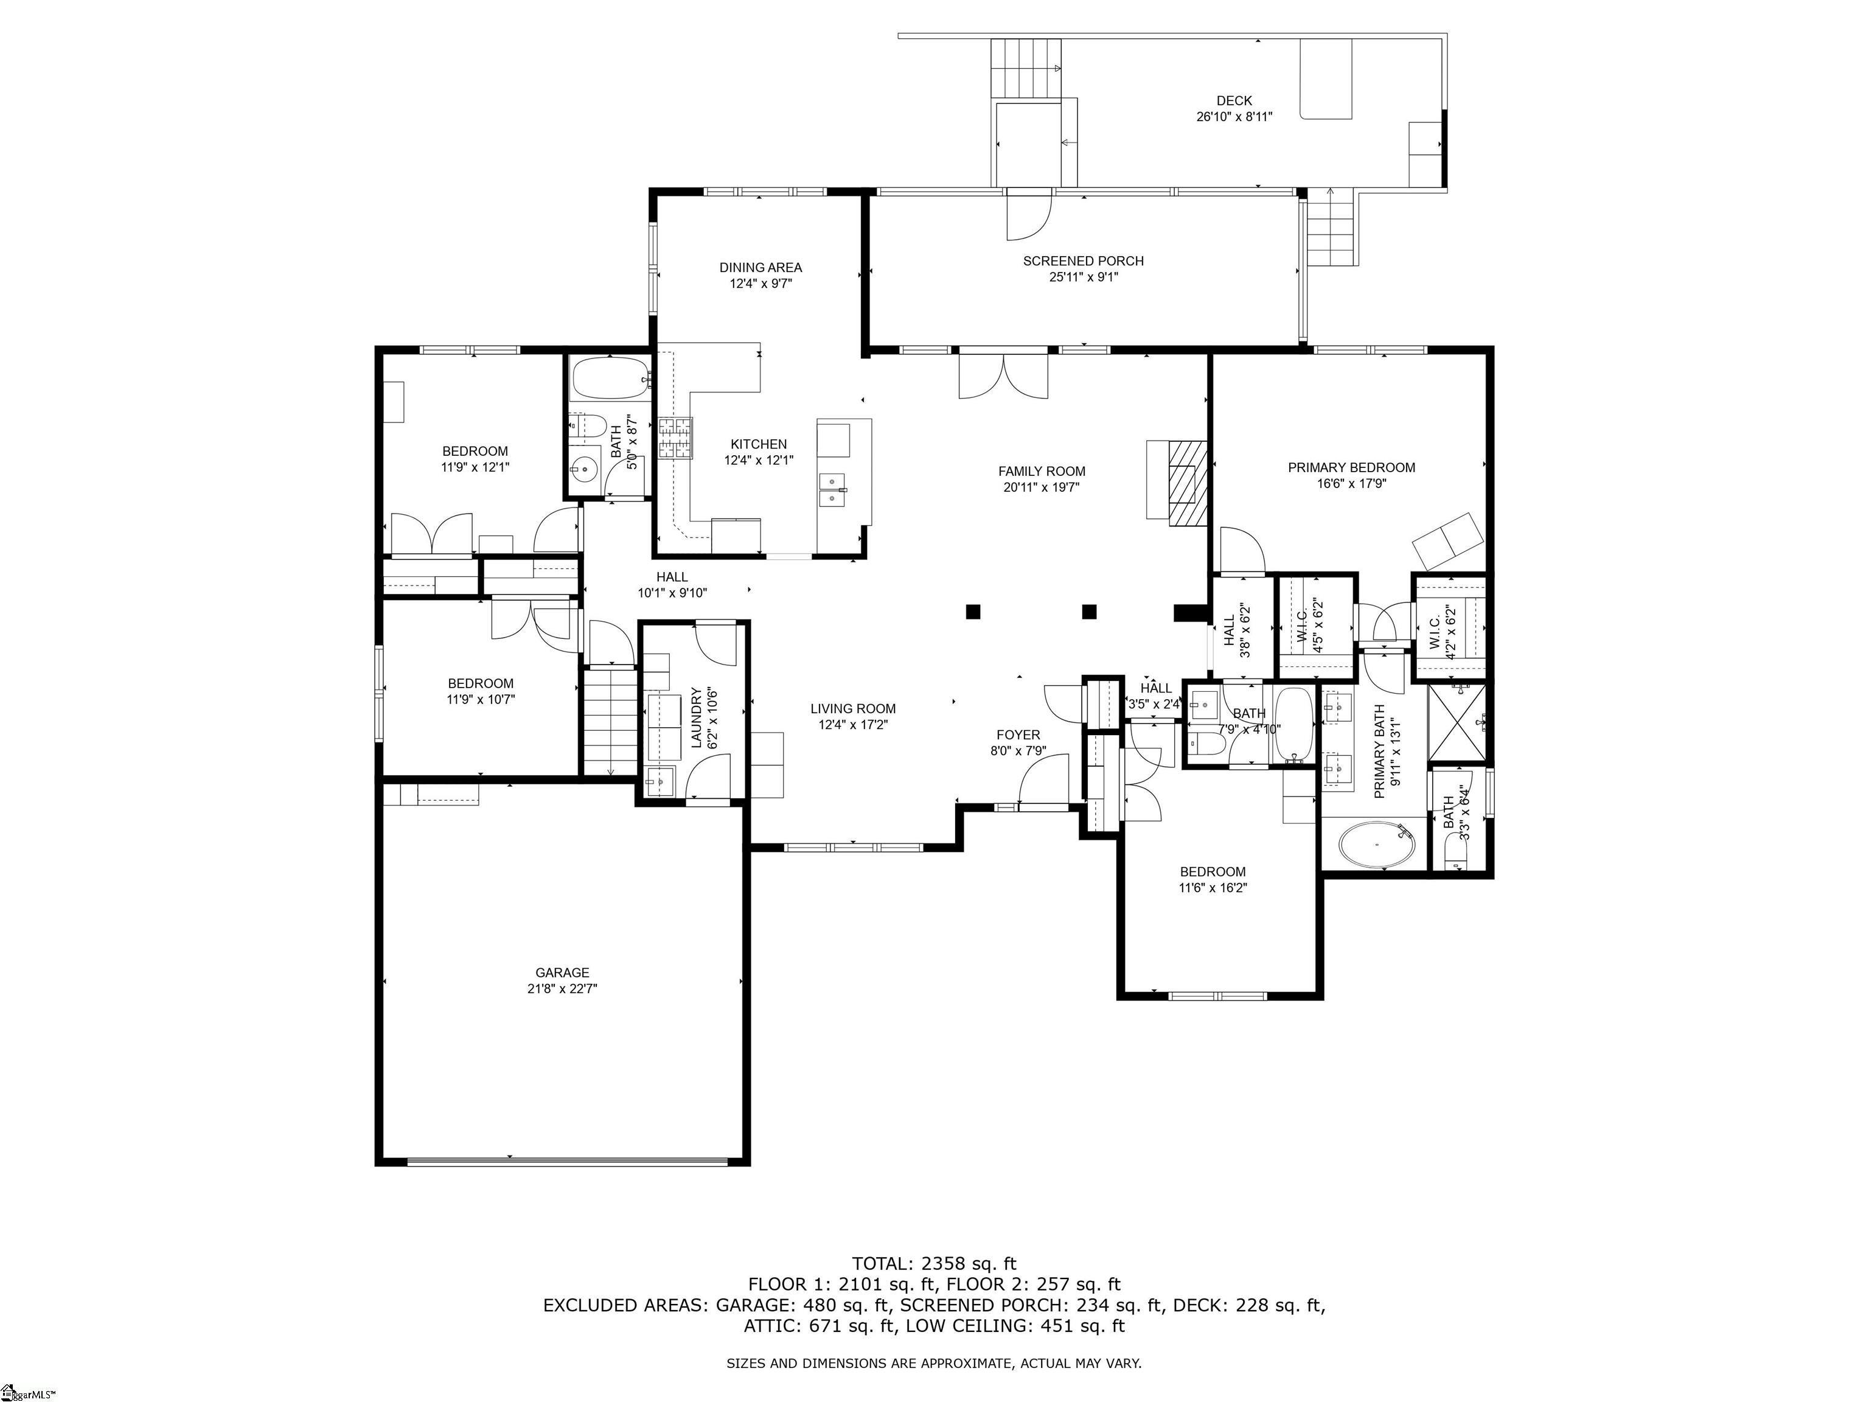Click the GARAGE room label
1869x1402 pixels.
point(562,972)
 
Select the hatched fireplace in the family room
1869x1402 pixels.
point(1188,483)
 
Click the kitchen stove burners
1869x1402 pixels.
point(675,438)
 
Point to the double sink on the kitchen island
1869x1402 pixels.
point(832,489)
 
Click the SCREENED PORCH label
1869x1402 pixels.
point(1083,261)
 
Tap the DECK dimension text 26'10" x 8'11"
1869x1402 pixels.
point(1234,117)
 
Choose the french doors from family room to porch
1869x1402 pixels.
point(1003,376)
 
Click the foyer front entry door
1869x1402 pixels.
point(1043,782)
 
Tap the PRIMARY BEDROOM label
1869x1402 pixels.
point(1351,467)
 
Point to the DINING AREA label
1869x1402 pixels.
point(760,268)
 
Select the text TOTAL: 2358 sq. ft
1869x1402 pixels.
point(934,1263)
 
